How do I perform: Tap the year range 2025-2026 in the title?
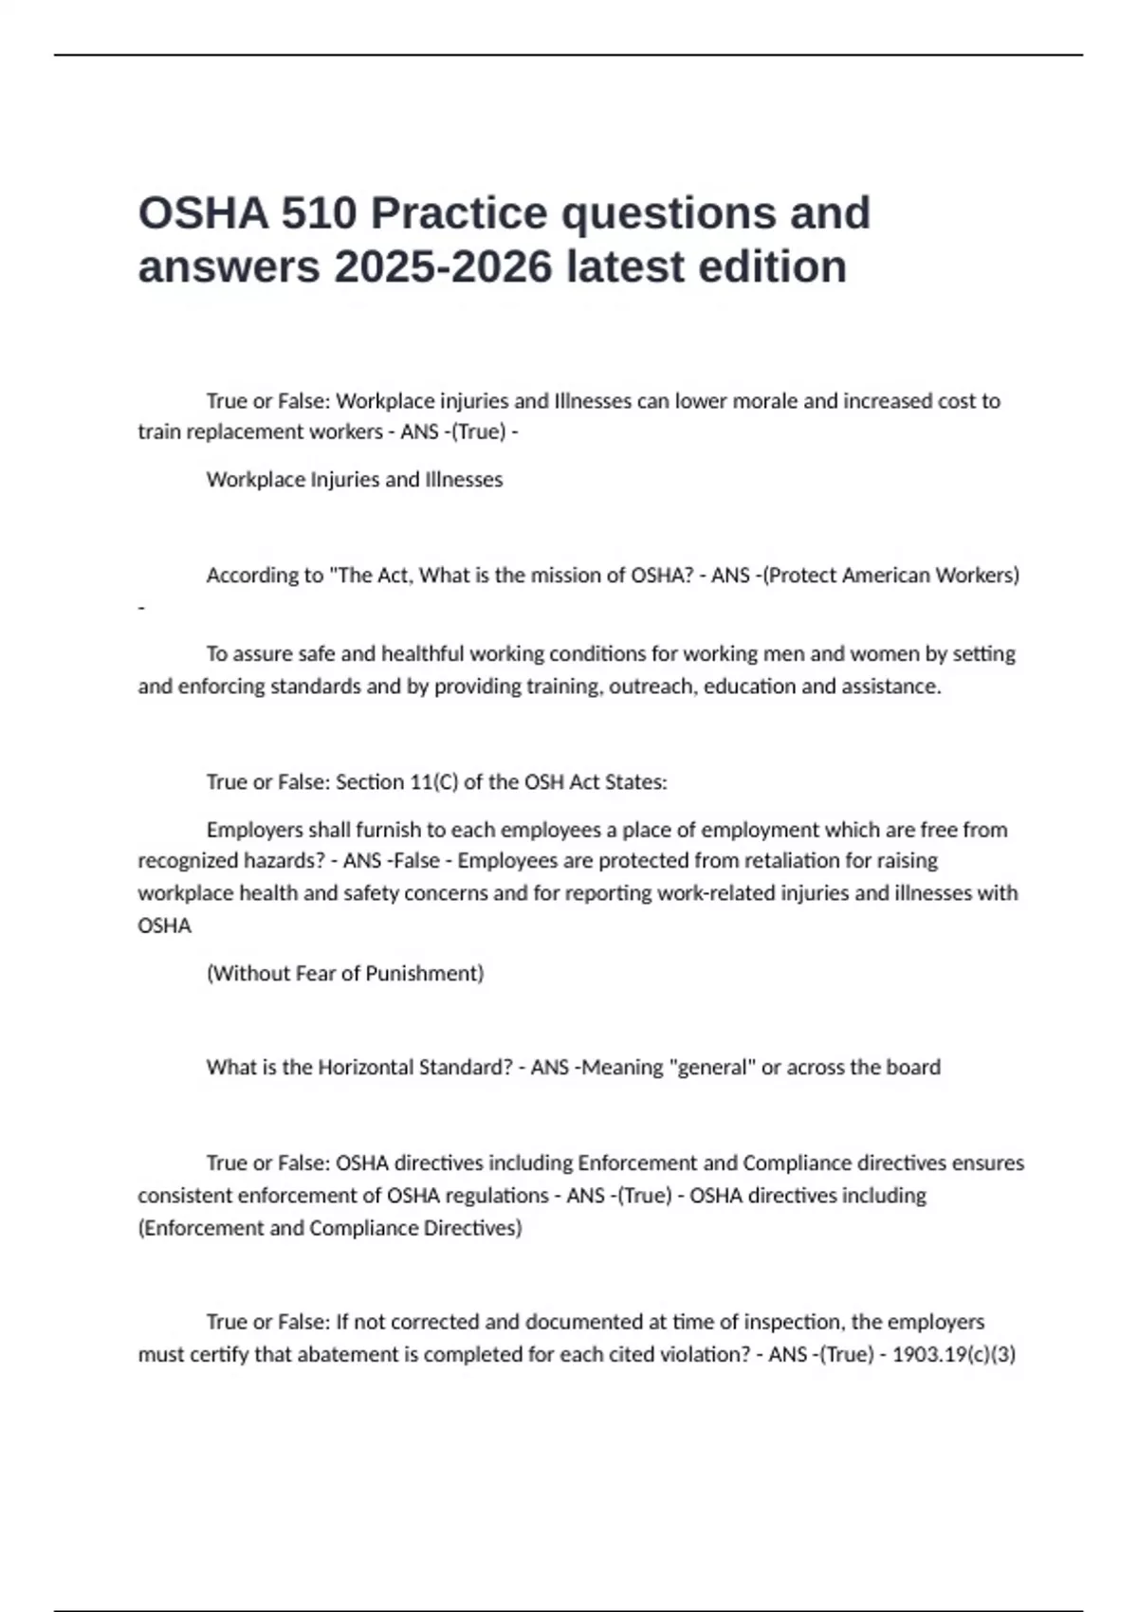pos(443,266)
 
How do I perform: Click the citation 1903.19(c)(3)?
pos(954,1354)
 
